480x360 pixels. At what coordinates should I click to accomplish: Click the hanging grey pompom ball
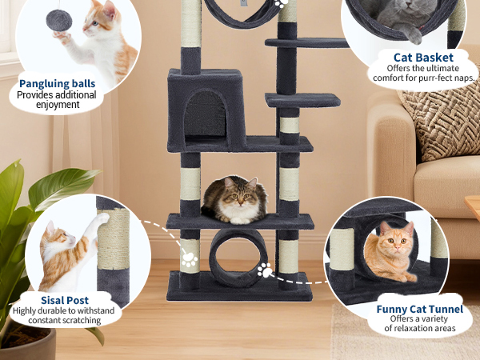[59, 20]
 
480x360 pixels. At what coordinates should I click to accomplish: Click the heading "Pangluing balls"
[58, 83]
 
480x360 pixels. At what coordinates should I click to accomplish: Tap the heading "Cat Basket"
[423, 58]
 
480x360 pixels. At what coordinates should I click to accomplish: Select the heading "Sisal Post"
[65, 300]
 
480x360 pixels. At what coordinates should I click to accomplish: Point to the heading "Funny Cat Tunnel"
[420, 309]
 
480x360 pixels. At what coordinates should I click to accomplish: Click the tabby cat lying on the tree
[234, 200]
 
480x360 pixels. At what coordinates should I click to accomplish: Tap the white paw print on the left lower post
[190, 259]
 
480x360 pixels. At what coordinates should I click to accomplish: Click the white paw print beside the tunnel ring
[265, 270]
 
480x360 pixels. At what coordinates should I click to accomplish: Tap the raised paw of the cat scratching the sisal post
[102, 218]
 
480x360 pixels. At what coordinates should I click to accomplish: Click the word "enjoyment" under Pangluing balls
[58, 105]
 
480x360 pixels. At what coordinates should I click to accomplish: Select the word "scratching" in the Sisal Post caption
[81, 321]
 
